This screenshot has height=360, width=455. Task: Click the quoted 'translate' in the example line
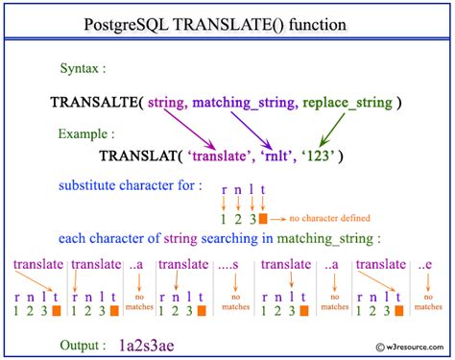[x=227, y=154]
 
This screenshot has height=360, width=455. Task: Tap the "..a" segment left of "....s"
[x=139, y=263]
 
